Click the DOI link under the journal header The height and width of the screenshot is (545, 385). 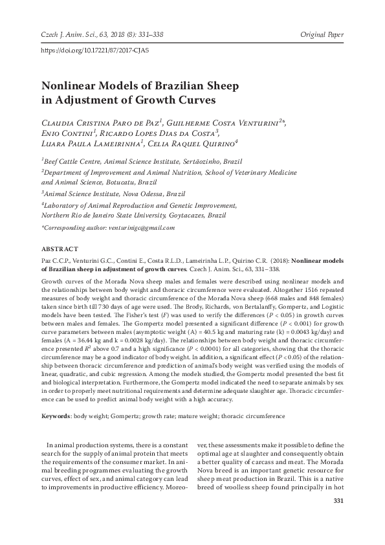tap(94, 49)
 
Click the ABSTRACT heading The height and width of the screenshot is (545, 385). tap(60, 249)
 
